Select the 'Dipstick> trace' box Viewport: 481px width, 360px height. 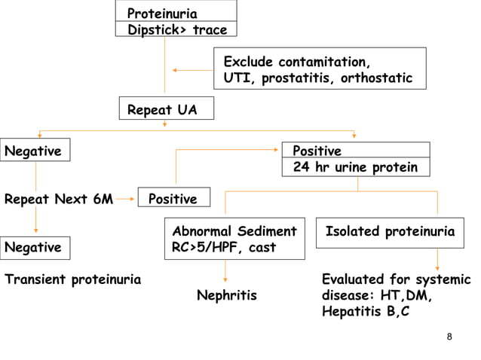coord(176,30)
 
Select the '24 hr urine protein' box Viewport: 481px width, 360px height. coord(355,167)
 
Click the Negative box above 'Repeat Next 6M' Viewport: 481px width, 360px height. coord(35,151)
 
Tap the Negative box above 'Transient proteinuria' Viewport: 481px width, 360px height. coord(35,246)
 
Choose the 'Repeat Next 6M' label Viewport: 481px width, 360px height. coord(59,200)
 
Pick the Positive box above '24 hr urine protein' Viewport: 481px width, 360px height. coord(355,151)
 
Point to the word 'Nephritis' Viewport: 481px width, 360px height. coord(226,295)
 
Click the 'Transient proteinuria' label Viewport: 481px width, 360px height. coord(72,279)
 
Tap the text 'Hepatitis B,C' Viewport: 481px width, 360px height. coord(366,311)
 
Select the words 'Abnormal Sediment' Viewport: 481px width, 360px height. coord(234,230)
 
